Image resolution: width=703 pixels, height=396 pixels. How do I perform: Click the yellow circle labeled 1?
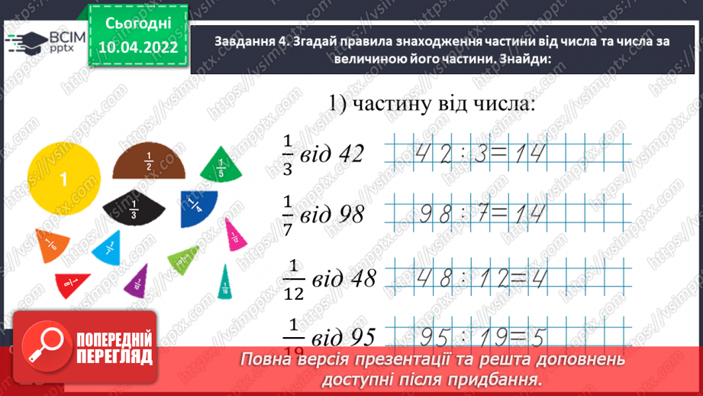coord(61,180)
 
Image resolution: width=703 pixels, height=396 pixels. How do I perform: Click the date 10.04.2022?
coord(138,47)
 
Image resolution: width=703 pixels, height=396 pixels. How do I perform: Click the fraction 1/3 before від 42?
coord(288,154)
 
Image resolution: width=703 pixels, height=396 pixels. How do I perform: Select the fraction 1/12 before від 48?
coord(294,279)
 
